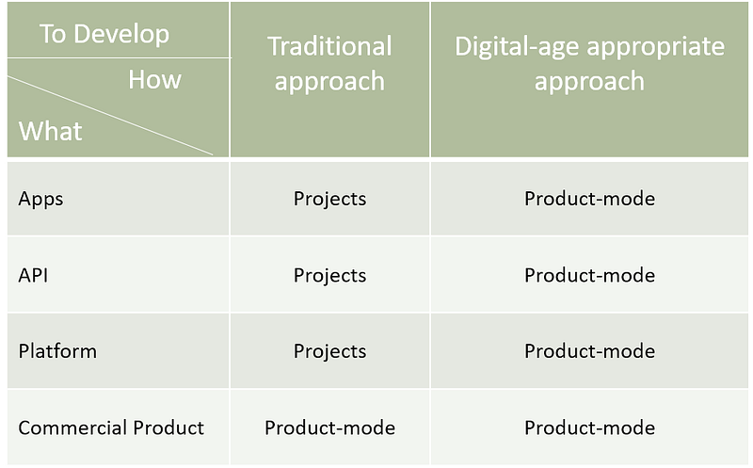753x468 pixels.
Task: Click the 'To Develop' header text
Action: (x=104, y=34)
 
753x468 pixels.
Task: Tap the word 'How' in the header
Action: (x=154, y=79)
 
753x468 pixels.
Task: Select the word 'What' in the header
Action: (x=51, y=131)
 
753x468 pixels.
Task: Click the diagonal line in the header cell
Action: (x=110, y=116)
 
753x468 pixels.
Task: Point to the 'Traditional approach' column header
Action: (x=329, y=63)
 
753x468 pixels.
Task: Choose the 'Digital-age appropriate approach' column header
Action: (x=589, y=63)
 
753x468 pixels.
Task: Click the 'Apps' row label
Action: (x=40, y=199)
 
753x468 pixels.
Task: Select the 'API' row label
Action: (x=33, y=275)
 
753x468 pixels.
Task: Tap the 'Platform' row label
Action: (x=57, y=351)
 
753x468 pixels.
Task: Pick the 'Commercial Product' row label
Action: (x=111, y=428)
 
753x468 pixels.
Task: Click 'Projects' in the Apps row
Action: (x=330, y=199)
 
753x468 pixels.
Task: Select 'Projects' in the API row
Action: (x=330, y=275)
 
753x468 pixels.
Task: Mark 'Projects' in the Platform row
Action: (x=330, y=351)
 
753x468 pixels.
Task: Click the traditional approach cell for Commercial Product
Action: (x=330, y=428)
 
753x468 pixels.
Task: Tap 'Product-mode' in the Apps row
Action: (x=590, y=199)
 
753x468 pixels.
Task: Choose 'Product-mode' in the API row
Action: (x=590, y=275)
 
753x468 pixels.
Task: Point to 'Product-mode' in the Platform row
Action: (x=590, y=351)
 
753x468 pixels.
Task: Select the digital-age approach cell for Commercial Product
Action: (x=590, y=428)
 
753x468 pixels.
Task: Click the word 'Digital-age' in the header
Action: (x=518, y=47)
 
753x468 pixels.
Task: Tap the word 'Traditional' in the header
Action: (x=329, y=46)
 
